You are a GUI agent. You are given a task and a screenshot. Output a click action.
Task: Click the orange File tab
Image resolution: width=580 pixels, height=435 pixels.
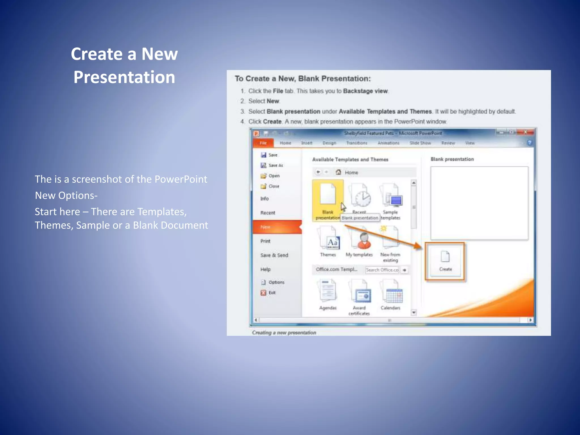point(263,143)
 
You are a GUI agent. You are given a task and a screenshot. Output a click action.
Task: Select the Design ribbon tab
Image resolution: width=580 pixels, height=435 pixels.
point(329,143)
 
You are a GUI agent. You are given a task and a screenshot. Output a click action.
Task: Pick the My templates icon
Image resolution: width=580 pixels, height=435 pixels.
point(359,241)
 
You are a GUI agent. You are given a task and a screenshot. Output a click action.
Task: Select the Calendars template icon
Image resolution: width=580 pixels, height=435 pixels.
point(391,295)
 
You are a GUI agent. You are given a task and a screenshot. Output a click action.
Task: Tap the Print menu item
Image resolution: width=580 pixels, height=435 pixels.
point(265,241)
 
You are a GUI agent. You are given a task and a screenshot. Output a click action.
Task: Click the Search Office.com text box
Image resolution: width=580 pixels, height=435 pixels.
point(382,270)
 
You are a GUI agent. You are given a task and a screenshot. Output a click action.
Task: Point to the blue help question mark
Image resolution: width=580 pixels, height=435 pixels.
point(529,143)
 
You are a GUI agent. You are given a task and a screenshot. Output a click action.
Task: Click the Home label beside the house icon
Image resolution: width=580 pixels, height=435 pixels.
point(351,172)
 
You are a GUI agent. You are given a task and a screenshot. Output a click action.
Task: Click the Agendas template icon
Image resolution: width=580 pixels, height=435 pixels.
point(328,292)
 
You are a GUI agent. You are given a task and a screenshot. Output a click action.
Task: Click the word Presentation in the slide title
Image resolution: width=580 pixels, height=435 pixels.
point(124,77)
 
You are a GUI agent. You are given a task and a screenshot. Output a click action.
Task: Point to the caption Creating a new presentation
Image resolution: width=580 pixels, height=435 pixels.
point(284,332)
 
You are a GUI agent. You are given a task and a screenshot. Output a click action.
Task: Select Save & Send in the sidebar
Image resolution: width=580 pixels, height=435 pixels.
point(274,255)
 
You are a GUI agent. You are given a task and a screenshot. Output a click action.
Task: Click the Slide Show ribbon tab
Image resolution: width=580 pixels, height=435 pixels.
point(420,143)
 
